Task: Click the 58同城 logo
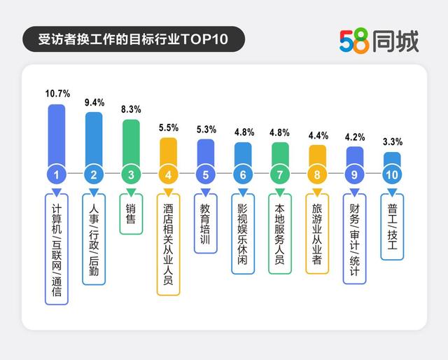click(379, 41)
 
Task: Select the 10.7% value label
click(57, 93)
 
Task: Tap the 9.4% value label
click(94, 102)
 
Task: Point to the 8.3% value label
click(132, 110)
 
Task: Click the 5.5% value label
click(169, 128)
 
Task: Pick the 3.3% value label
click(393, 142)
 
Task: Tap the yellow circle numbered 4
click(169, 174)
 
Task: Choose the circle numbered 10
click(393, 174)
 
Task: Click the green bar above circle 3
click(132, 141)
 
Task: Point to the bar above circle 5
click(206, 151)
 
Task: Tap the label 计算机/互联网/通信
click(57, 249)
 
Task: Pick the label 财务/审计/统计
click(355, 239)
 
